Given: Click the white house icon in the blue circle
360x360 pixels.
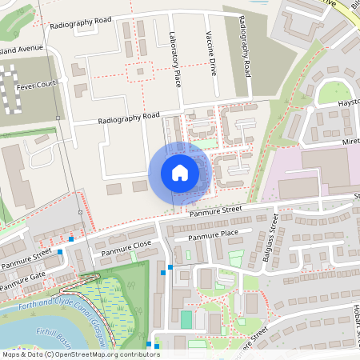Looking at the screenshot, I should [x=180, y=173].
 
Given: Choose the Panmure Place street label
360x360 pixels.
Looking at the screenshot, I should [x=213, y=235].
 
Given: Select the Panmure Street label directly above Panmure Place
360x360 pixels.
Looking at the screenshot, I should [x=214, y=212].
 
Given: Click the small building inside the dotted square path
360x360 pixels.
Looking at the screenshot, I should [x=140, y=71].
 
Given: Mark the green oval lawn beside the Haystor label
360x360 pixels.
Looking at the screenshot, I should [x=329, y=94].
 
